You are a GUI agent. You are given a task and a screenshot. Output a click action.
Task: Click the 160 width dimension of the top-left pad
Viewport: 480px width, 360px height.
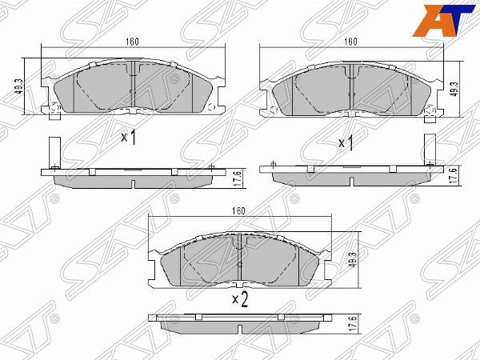click(132, 42)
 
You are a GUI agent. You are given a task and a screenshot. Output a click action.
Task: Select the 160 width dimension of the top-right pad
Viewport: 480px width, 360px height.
click(350, 42)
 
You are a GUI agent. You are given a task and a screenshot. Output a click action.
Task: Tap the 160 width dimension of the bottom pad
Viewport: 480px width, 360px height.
click(238, 211)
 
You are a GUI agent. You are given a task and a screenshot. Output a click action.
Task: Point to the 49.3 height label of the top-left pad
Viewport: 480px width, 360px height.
click(19, 86)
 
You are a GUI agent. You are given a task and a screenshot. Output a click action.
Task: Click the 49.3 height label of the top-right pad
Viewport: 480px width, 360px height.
click(455, 89)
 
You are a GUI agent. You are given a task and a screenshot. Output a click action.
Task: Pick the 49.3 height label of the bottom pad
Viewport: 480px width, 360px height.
click(352, 259)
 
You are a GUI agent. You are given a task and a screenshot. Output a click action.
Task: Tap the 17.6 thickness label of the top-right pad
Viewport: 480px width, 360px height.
click(455, 176)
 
